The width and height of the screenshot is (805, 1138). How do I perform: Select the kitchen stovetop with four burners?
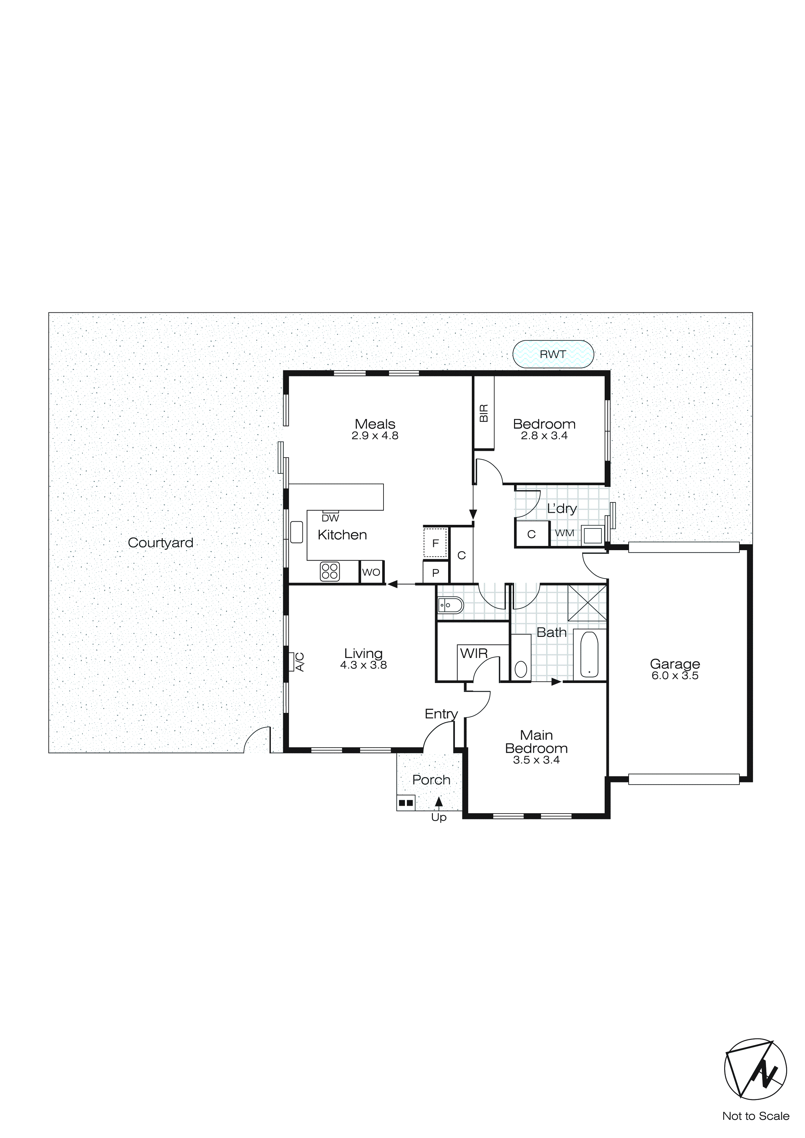(x=330, y=571)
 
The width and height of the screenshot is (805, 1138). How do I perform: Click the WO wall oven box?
(x=371, y=572)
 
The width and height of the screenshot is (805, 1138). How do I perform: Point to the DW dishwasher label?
(x=330, y=518)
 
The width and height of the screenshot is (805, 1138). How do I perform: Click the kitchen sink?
(x=296, y=532)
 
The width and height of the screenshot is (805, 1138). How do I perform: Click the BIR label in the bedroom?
(x=484, y=413)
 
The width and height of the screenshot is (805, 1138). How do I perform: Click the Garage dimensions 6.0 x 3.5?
(x=675, y=676)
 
